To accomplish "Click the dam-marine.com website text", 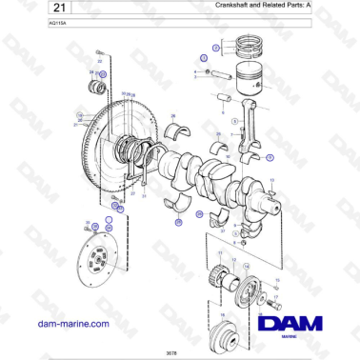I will click(x=71, y=325).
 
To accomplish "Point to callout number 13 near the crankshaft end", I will click(x=271, y=180).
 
